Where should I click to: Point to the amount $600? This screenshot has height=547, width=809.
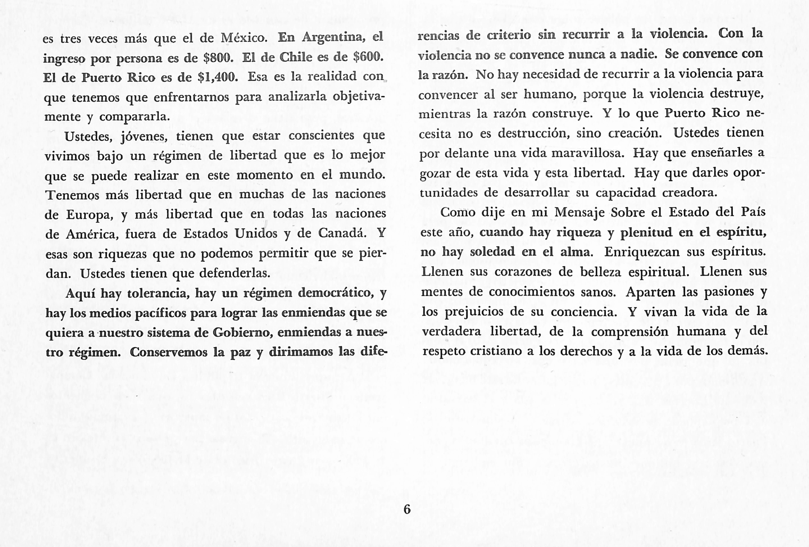click(368, 56)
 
